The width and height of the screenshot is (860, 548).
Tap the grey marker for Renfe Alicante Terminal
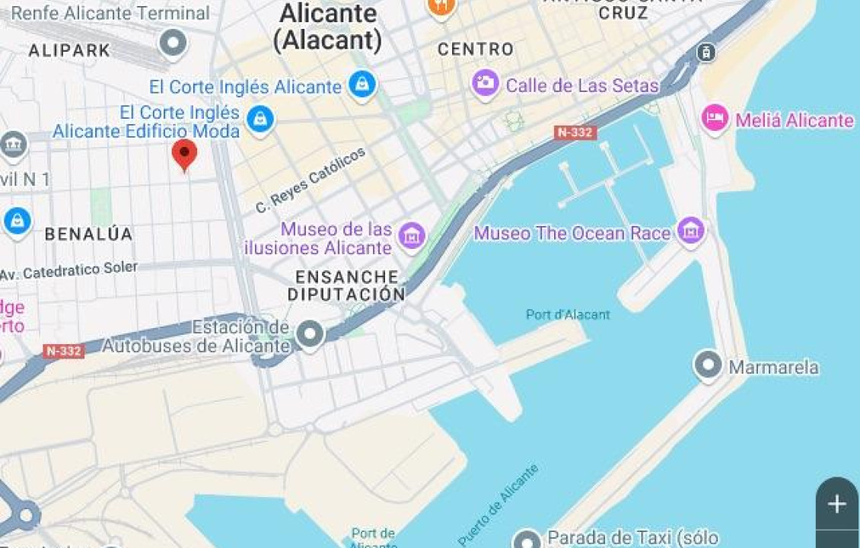point(173,43)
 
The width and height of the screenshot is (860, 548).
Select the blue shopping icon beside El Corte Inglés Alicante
point(362,84)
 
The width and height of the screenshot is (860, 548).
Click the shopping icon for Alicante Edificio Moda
point(260,120)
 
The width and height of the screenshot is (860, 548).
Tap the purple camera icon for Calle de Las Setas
point(486,83)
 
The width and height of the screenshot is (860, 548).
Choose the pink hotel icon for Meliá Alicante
point(715,119)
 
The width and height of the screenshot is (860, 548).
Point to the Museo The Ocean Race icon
point(691,231)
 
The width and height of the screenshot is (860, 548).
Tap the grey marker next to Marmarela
point(709,366)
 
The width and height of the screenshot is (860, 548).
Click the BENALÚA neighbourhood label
point(88,234)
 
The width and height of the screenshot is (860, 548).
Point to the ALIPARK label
point(69,51)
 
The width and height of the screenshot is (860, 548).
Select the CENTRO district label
point(476,49)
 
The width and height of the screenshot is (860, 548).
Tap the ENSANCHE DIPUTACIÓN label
point(346,285)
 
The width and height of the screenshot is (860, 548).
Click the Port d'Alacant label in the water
point(568,314)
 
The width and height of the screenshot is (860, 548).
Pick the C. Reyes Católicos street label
point(311,181)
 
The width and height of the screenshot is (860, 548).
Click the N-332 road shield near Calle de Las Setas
point(575,132)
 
